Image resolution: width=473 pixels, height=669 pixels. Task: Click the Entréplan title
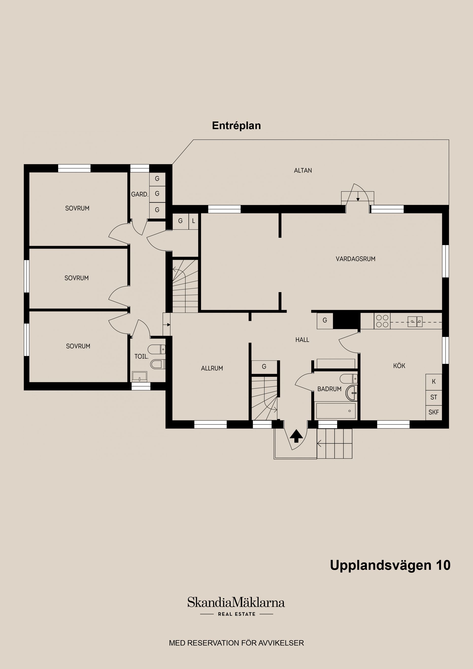(236, 126)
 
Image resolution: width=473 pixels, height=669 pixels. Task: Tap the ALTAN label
(303, 170)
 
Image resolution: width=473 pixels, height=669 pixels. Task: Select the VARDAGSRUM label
(355, 259)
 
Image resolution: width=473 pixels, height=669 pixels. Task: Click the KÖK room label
(399, 366)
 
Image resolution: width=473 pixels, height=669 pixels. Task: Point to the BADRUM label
(329, 389)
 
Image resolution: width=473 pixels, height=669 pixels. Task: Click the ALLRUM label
(212, 368)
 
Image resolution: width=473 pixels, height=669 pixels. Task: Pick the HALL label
(302, 340)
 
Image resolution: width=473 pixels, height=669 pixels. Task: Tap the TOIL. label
(141, 356)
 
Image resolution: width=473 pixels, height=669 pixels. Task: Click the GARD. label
(140, 194)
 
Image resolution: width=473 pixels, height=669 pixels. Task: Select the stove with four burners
(382, 321)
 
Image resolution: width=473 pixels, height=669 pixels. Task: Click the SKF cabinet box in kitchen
(434, 412)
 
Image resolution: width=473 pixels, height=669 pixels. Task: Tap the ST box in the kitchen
(434, 397)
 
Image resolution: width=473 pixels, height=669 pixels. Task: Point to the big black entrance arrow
(296, 436)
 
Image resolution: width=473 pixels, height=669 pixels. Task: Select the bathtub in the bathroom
(336, 411)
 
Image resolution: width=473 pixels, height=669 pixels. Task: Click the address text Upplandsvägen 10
(390, 565)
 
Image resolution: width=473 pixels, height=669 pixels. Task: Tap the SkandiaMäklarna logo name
(236, 602)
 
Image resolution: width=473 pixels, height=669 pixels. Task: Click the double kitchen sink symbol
(415, 321)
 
